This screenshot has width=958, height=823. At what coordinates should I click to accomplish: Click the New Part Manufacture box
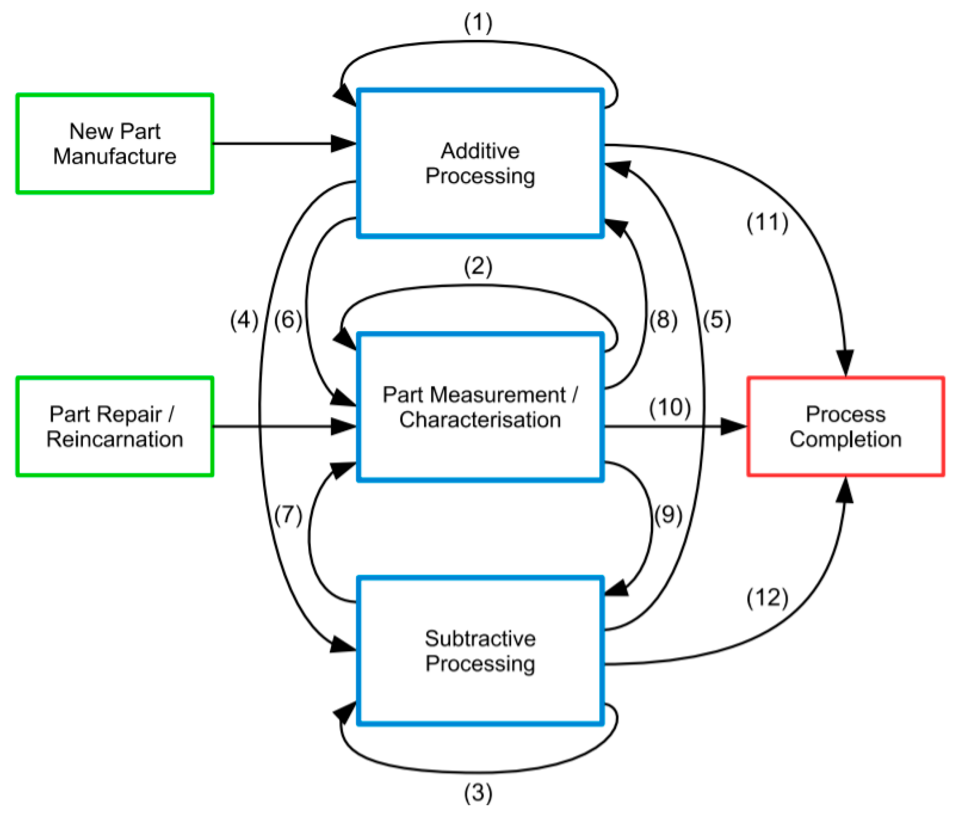point(114,144)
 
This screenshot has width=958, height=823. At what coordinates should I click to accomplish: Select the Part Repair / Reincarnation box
point(114,427)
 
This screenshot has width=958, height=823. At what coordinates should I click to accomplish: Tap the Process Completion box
point(845,427)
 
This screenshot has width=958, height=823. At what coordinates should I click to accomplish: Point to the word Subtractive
point(480,639)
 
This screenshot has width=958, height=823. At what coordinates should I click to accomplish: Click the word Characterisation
point(480,420)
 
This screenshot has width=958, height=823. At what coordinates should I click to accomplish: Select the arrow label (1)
point(478,23)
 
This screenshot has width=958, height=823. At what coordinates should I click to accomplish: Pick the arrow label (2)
point(478,267)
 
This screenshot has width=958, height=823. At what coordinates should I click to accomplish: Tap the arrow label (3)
point(478,793)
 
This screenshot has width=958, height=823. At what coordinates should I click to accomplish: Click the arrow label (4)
point(244,321)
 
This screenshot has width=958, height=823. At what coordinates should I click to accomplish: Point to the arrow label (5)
point(717,321)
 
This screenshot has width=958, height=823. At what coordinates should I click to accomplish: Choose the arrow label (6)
point(288,321)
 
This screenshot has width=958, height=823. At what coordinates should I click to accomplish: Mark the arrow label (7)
point(288,515)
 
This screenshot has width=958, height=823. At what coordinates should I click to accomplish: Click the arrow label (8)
point(663,321)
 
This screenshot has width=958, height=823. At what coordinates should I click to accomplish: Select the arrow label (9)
point(668,515)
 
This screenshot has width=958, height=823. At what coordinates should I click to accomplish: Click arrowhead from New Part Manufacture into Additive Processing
point(344,143)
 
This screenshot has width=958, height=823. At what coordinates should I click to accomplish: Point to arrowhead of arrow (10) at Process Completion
point(734,427)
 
